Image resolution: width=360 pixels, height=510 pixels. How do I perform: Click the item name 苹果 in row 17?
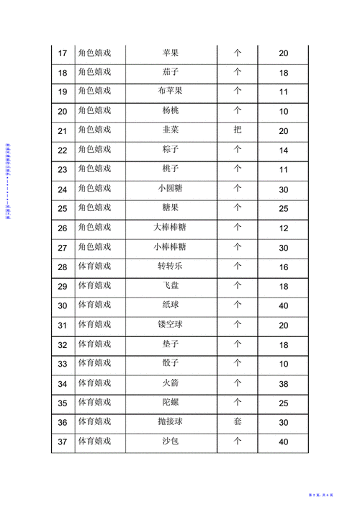(171, 53)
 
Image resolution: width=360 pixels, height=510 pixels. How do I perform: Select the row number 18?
(62, 73)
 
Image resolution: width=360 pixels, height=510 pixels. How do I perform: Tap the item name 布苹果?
(171, 92)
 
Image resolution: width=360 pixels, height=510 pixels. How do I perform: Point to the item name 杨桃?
(171, 112)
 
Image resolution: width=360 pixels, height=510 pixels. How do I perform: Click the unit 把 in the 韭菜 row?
(238, 130)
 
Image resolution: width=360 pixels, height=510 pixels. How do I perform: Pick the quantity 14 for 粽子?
(283, 151)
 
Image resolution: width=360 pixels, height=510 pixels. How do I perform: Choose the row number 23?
(62, 170)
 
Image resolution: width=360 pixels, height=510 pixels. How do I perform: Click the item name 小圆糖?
(171, 189)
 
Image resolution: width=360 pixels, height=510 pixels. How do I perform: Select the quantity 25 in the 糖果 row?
(283, 209)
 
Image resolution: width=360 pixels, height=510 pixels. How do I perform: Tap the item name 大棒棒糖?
(171, 228)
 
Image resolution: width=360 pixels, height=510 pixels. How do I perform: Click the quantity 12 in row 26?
(283, 228)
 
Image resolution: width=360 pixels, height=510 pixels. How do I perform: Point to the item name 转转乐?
(171, 267)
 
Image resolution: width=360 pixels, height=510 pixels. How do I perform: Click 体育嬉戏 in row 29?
(94, 286)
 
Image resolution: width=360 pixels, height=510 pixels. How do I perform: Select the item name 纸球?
(171, 305)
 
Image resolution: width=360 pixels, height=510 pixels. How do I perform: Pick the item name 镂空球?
(171, 325)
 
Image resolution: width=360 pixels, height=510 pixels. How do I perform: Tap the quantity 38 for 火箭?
(283, 384)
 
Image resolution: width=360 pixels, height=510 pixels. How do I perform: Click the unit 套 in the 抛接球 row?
(238, 421)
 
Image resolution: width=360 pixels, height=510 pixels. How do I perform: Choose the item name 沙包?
(171, 441)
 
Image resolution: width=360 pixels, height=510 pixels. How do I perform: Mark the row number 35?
(62, 403)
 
